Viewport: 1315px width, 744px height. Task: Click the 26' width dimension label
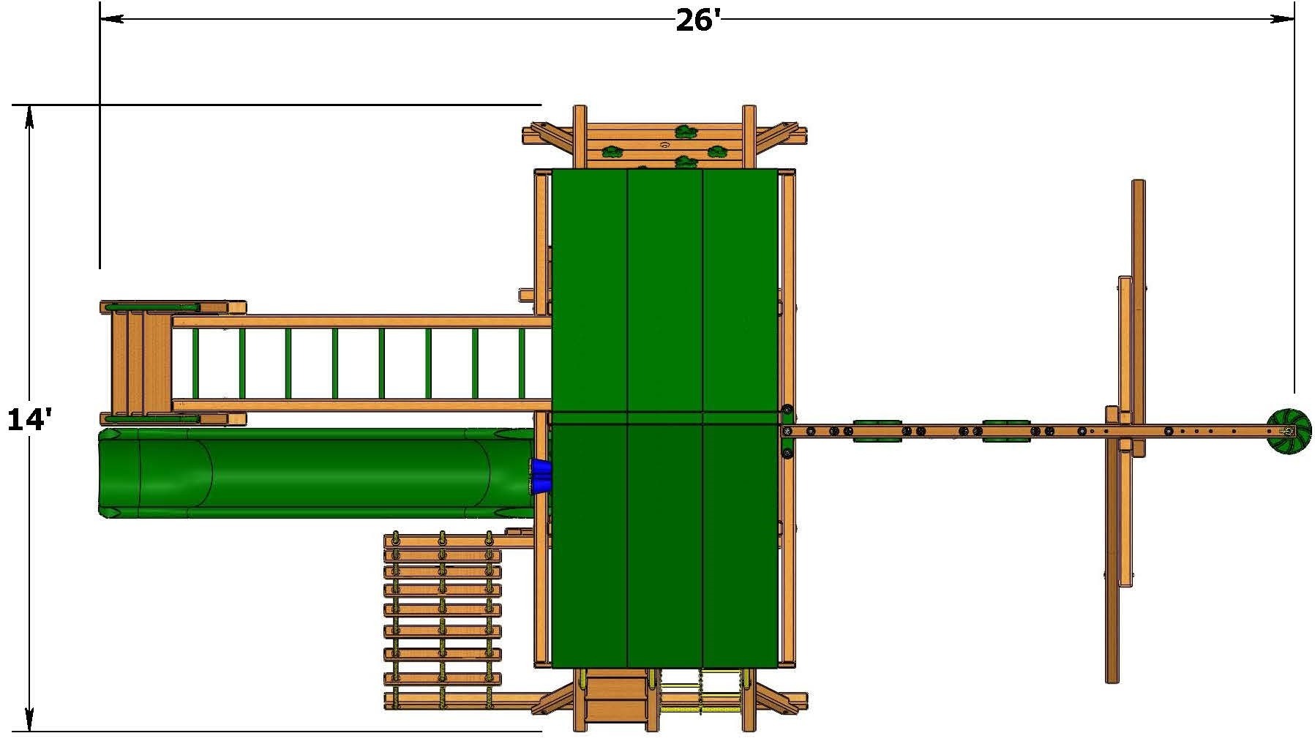(698, 20)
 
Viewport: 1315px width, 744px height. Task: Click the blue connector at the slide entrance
(542, 476)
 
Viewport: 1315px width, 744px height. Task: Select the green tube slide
(315, 473)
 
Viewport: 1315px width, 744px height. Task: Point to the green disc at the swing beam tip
(1289, 432)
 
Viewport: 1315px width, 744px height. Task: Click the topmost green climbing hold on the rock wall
(686, 132)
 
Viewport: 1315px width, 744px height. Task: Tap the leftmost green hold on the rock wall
(611, 152)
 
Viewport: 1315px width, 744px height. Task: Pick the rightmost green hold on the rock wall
(717, 152)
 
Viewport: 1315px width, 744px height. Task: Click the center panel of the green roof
(665, 417)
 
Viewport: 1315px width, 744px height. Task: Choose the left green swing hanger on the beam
(877, 431)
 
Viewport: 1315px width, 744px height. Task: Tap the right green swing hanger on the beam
(1006, 431)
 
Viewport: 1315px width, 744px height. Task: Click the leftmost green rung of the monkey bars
(195, 364)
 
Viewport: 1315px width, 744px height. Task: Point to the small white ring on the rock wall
(664, 145)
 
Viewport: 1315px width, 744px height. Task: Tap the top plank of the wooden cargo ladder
(442, 541)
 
